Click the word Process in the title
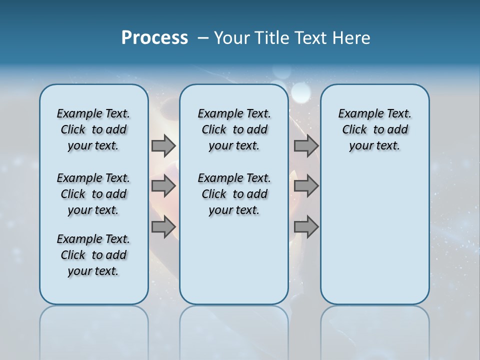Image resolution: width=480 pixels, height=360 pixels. [x=154, y=38]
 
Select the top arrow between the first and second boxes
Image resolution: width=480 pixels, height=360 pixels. [x=163, y=146]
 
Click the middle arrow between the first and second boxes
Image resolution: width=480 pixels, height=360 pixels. [x=163, y=186]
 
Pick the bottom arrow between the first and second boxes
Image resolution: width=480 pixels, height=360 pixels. [x=163, y=227]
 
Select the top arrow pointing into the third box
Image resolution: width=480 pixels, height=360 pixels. [x=306, y=146]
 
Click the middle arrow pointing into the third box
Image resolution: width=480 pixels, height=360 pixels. [x=306, y=186]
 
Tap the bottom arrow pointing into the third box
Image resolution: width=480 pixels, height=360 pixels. [x=306, y=227]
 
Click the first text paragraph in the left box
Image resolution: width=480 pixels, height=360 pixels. [x=93, y=129]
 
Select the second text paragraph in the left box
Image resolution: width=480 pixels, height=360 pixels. [x=93, y=194]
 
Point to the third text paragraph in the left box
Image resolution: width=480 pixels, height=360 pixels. [x=93, y=255]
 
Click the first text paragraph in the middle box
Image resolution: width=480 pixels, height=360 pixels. [x=234, y=129]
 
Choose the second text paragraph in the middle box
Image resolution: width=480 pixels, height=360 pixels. [x=234, y=194]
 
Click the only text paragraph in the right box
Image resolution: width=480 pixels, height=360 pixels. [x=375, y=129]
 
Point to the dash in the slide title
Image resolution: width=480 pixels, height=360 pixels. [x=203, y=38]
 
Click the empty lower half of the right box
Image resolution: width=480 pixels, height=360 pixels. [x=375, y=240]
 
